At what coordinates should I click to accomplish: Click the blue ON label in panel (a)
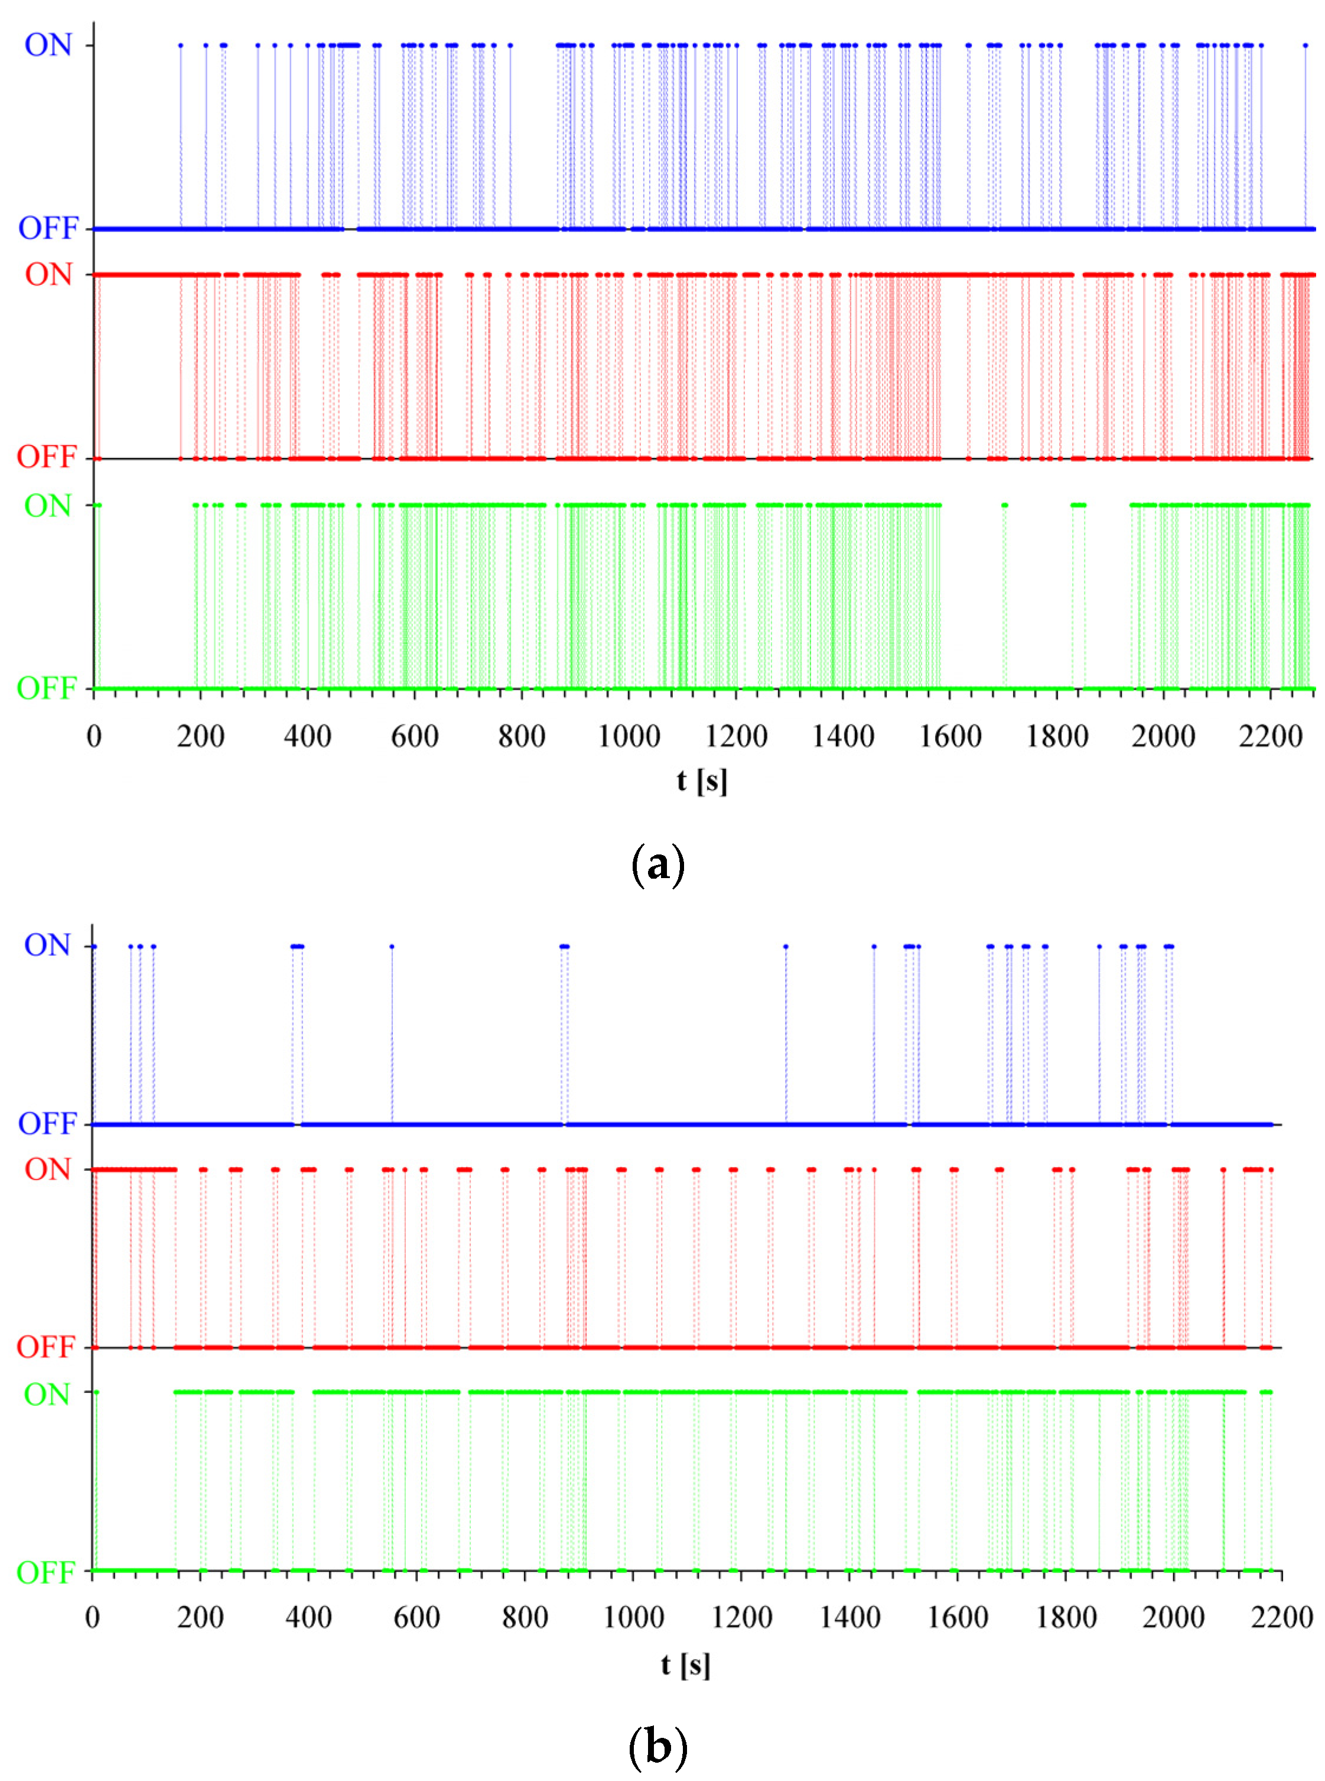(48, 45)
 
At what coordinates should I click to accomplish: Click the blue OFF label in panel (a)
(48, 229)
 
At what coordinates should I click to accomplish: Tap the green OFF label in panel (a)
(47, 688)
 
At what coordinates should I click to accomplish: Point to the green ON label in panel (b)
(47, 1395)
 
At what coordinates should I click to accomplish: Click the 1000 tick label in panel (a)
(629, 736)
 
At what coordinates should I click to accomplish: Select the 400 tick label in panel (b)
(309, 1617)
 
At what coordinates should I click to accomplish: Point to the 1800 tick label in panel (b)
(1066, 1617)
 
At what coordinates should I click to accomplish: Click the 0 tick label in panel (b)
(92, 1617)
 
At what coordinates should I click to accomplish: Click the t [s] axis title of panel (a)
(702, 781)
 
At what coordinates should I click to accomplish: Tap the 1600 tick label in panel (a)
(950, 736)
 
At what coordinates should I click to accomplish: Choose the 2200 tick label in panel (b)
(1282, 1617)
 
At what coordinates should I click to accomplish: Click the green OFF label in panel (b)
(47, 1572)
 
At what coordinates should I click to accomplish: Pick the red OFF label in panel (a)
(47, 457)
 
